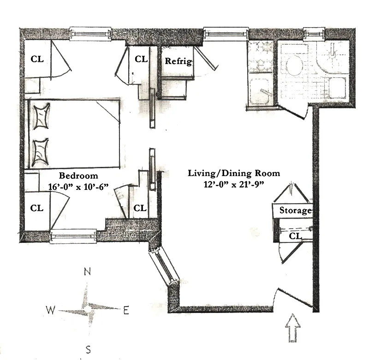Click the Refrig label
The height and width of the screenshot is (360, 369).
coord(178,62)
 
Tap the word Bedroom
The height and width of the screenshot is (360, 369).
coord(78,176)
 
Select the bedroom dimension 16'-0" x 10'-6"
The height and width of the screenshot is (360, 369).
coord(78,187)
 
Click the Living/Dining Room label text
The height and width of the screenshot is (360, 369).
coord(234,173)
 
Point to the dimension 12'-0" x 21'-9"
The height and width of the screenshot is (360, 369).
coord(234,184)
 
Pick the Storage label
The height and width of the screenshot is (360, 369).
coord(296,211)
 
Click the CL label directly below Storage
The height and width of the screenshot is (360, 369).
coord(296,236)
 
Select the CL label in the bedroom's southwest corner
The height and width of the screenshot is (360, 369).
coord(37,208)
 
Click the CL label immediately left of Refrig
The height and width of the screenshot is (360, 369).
coord(141,59)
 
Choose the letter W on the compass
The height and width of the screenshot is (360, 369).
coord(50,309)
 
